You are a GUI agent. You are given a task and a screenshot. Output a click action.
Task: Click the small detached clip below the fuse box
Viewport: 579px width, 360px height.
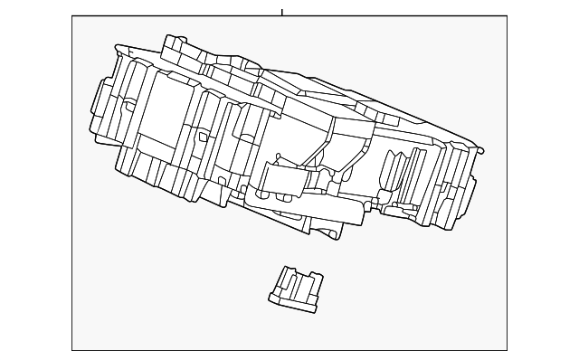pos(293,289)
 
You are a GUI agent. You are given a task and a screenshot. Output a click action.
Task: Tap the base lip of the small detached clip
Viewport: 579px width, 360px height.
pos(291,304)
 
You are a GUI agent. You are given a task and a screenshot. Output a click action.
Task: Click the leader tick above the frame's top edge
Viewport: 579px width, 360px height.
pos(281,12)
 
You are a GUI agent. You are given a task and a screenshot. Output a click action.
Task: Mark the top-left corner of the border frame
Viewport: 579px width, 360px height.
pos(72,16)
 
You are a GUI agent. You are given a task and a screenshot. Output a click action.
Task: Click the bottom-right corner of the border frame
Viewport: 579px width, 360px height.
pos(507,349)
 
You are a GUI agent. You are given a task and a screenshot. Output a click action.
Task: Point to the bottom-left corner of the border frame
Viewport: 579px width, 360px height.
pos(72,349)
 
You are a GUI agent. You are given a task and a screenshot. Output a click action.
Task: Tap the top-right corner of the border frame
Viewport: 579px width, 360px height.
pos(507,16)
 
